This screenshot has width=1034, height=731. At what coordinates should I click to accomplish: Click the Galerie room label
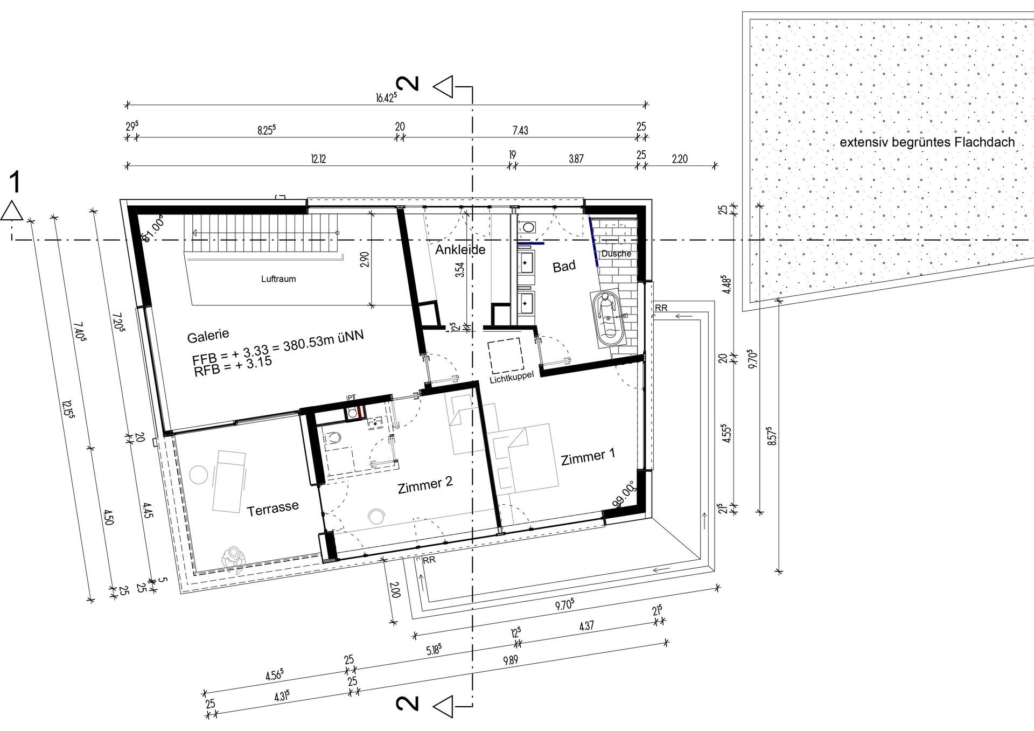coord(208,337)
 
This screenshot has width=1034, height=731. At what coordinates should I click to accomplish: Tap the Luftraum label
coord(278,279)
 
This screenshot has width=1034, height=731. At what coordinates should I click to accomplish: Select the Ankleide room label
coord(460,250)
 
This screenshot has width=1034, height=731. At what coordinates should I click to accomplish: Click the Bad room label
coord(564,266)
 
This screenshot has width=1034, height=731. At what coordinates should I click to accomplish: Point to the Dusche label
coord(616,253)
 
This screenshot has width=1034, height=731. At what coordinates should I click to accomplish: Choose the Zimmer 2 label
coord(425,485)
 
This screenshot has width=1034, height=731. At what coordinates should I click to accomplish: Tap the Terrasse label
coord(273,509)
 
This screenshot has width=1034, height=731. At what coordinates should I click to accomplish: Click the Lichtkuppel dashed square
coord(505,356)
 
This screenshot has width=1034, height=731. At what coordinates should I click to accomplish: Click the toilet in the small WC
coord(334,438)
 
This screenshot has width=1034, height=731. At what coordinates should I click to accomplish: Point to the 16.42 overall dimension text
coord(386,98)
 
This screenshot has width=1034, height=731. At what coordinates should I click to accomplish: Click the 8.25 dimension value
coord(266,130)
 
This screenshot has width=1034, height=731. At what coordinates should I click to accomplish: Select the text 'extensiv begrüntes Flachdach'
coord(927,143)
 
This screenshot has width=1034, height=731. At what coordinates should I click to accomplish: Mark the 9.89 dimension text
coord(511,660)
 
